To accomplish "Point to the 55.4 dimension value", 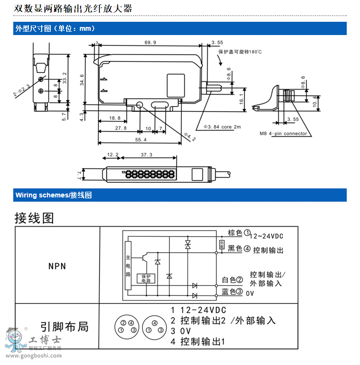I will tap(141, 140).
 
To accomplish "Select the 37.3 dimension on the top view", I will tap(147, 155).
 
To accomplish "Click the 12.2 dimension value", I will tap(113, 155).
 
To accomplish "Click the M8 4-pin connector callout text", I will tap(283, 134).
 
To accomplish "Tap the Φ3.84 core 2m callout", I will tap(222, 127).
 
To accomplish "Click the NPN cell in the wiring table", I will tap(57, 266).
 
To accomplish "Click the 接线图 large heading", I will tap(34, 218).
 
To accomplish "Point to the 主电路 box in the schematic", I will tap(127, 266).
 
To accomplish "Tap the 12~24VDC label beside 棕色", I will tap(266, 236).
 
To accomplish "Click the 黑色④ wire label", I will tap(239, 249).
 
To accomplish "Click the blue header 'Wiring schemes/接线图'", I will tap(54, 195).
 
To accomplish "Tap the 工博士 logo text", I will tap(45, 340).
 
